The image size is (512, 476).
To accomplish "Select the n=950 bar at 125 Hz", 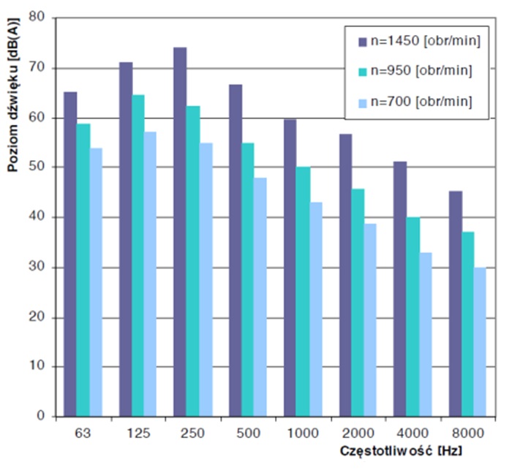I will click(138, 255).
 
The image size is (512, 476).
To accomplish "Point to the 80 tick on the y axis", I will click(49, 18).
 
